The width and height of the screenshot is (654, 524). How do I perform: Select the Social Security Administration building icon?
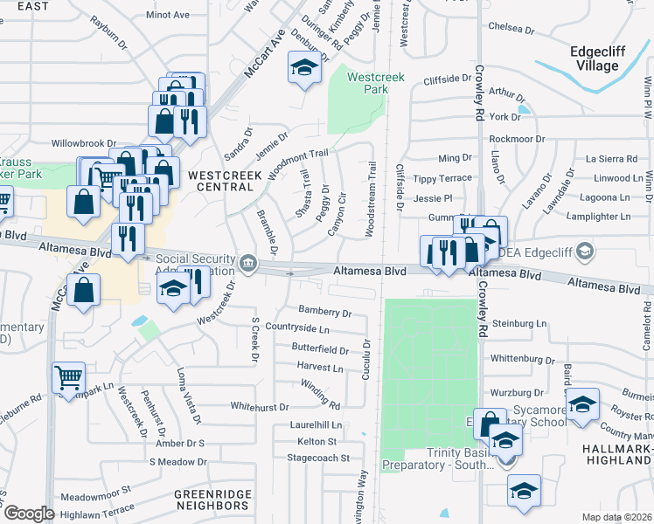[x=249, y=262]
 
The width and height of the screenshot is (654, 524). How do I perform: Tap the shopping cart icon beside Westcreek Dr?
[x=67, y=379]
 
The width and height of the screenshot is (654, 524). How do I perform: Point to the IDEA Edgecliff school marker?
[x=585, y=252]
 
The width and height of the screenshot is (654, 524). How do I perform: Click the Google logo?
[x=29, y=514]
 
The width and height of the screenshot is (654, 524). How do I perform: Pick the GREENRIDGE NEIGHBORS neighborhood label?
[x=212, y=500]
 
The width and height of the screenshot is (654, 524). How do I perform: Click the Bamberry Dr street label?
[x=324, y=311]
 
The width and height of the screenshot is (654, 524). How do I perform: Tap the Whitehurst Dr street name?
[x=260, y=406]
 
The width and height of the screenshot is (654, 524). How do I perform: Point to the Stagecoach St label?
[x=323, y=457]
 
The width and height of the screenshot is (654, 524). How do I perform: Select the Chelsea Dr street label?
[x=511, y=28]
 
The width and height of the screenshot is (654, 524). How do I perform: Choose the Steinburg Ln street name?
[x=518, y=323]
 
